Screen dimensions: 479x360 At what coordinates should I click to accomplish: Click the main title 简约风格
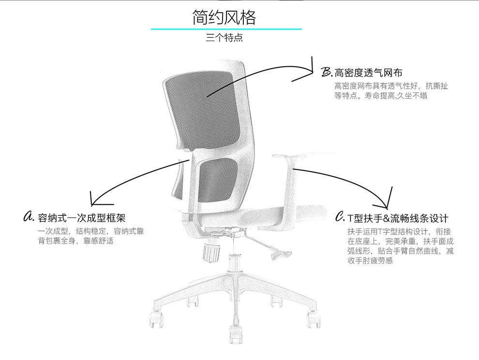tap(224, 17)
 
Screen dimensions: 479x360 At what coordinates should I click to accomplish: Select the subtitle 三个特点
tap(224, 38)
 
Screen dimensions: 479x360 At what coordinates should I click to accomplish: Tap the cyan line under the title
tap(226, 29)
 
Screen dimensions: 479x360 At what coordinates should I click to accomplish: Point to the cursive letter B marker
tap(327, 73)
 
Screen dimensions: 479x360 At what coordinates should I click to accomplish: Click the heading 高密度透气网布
tap(368, 73)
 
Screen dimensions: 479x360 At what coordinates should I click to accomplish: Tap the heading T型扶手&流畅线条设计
tap(398, 218)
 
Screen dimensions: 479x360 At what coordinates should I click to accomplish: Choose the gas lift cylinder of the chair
tap(236, 261)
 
